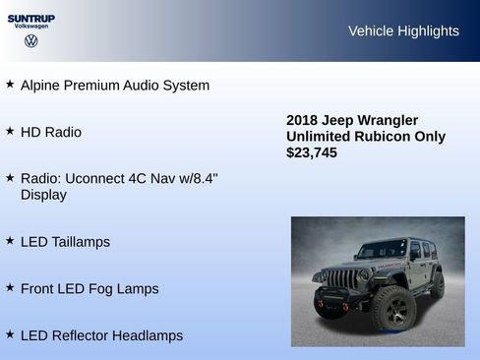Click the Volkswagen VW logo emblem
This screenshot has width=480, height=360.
point(30,41)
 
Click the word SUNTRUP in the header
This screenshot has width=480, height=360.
point(30,18)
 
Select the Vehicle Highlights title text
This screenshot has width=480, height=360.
point(403,31)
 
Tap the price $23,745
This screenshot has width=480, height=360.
point(312,152)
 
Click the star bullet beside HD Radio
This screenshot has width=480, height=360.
point(10,131)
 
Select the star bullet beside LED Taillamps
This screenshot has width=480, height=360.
point(10,241)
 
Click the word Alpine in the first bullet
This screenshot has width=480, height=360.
point(42,86)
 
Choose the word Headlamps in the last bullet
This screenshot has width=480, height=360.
point(147,335)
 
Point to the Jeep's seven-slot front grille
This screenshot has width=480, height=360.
point(340,278)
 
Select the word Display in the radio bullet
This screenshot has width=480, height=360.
point(43,195)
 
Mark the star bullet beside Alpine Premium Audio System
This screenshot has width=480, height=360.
point(10,85)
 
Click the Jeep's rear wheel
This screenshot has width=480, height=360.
point(437,285)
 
